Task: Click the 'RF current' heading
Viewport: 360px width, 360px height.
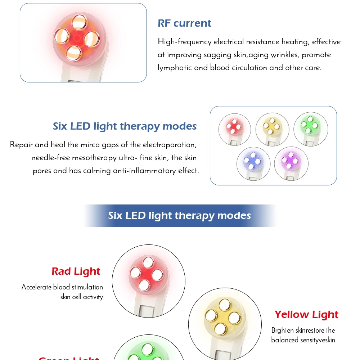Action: coord(184,23)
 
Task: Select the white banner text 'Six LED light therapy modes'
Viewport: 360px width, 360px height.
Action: coord(180,216)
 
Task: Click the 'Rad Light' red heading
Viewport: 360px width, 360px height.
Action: coord(76,271)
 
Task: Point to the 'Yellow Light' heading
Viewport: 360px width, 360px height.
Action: coord(306,315)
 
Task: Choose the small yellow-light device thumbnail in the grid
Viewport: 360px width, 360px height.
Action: coord(272,128)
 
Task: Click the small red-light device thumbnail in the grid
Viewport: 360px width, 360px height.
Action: coord(235,128)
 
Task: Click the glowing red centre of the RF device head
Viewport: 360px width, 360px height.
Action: coord(77,37)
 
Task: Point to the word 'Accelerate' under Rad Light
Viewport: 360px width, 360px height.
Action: coord(37,287)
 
